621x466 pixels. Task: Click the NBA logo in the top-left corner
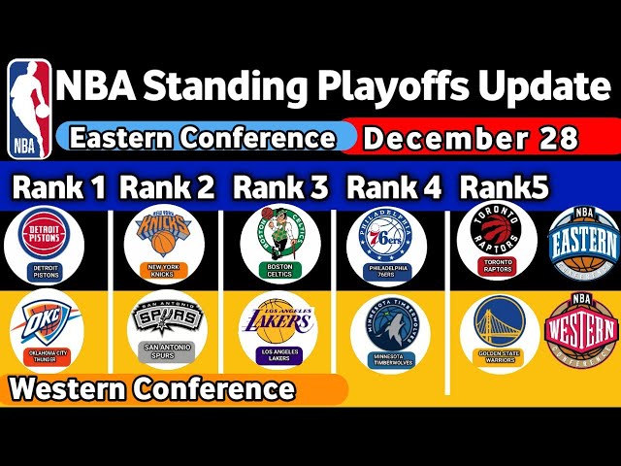(x=29, y=109)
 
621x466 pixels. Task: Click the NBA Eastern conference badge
(x=582, y=239)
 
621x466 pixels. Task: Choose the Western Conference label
(x=152, y=389)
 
